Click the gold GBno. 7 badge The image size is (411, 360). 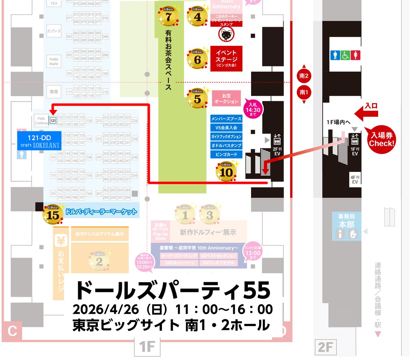168,16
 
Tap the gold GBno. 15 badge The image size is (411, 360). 53,215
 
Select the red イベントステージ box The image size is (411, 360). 226,59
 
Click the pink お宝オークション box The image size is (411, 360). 226,99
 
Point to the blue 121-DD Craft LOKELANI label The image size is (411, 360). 39,141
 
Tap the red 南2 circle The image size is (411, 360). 304,76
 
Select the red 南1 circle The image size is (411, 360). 304,92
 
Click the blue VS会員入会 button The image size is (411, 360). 226,128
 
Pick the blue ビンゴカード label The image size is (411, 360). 226,154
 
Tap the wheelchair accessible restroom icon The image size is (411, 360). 345,55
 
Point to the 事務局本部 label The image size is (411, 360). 346,221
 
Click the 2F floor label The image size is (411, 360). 325,347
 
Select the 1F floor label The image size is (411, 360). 147,347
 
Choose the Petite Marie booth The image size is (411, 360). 54,62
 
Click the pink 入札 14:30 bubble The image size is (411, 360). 253,109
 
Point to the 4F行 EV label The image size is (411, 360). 355,179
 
